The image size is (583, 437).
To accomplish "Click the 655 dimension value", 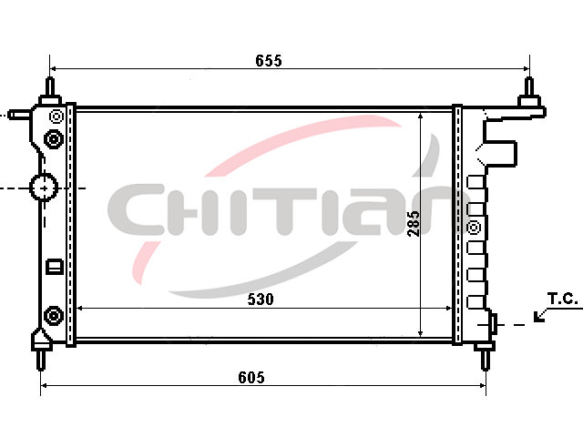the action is [269, 61].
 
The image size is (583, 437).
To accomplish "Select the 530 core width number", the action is [261, 300].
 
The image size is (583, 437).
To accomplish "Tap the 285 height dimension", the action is [413, 224].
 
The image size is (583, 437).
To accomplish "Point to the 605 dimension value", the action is [251, 378].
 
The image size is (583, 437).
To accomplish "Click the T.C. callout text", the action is [563, 299].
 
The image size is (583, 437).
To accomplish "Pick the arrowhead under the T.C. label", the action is [538, 317].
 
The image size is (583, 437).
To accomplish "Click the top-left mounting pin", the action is [50, 86].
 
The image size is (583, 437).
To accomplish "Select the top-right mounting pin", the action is [529, 86].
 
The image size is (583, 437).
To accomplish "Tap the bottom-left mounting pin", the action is [41, 361].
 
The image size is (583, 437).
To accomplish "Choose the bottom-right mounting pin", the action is [485, 361].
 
